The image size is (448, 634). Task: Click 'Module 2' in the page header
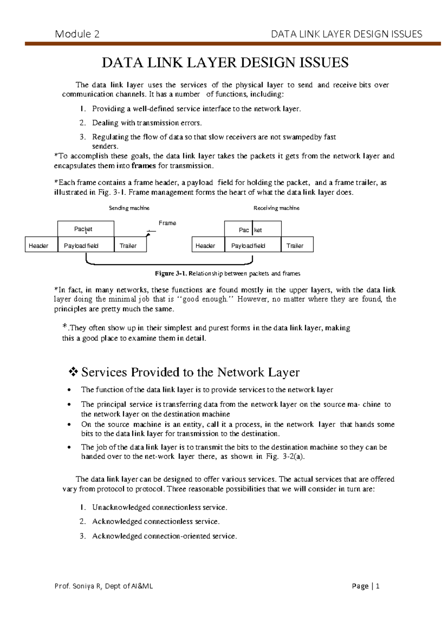tap(77, 34)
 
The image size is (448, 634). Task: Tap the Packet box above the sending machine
tap(85, 229)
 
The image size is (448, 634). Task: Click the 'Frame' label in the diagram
tap(167, 223)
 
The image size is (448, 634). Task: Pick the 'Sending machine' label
tap(129, 208)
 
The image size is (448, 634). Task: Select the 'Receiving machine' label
tap(276, 208)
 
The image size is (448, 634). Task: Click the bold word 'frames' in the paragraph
tap(143, 166)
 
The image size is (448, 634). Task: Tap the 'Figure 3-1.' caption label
tap(171, 274)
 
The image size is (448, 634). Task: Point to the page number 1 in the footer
tap(377, 586)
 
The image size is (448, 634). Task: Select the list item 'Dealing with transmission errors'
tap(147, 123)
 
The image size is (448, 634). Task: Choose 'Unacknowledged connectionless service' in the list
tap(159, 507)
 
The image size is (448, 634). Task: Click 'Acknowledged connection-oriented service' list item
tap(164, 536)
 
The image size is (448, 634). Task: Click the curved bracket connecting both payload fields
tap(169, 264)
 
